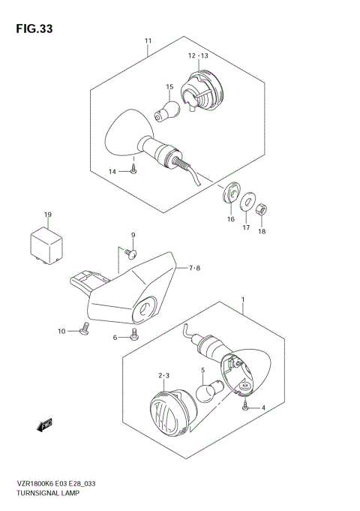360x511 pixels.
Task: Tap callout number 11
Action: [148, 41]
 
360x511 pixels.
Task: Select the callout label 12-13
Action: [198, 55]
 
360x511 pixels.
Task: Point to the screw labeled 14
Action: [132, 172]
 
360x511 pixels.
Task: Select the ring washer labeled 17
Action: [246, 200]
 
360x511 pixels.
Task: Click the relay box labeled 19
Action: [44, 244]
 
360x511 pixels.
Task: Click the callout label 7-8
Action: [193, 266]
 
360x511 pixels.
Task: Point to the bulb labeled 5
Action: [206, 394]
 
